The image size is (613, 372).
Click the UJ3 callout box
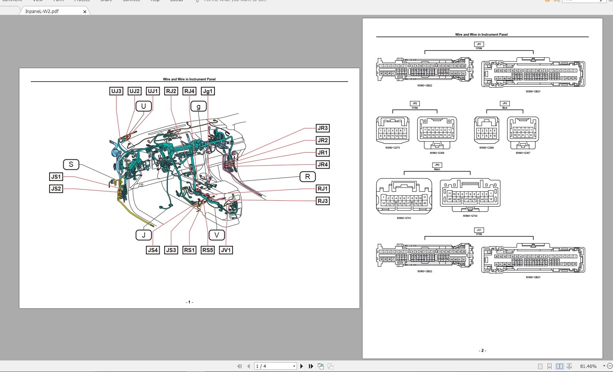pyautogui.click(x=116, y=91)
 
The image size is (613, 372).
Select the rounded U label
pyautogui.click(x=144, y=106)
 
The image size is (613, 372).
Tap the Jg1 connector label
pyautogui.click(x=208, y=91)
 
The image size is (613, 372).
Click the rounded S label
pyautogui.click(x=71, y=164)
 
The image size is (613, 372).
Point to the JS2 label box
pyautogui.click(x=56, y=189)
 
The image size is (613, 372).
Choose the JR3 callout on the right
pyautogui.click(x=322, y=128)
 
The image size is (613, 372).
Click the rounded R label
pyautogui.click(x=307, y=177)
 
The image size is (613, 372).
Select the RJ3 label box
pyautogui.click(x=322, y=201)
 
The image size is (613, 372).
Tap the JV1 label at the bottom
pyautogui.click(x=226, y=250)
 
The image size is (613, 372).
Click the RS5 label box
pyautogui.click(x=207, y=250)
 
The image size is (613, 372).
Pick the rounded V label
pyautogui.click(x=217, y=235)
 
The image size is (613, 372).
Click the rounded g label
pyautogui.click(x=198, y=107)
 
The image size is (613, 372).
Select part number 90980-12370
pyautogui.click(x=392, y=148)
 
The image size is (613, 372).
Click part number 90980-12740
pyautogui.click(x=470, y=216)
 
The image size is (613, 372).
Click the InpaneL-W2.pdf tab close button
pyautogui.click(x=85, y=12)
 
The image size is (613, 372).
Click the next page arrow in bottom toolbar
pyautogui.click(x=301, y=366)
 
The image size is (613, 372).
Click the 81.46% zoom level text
pyautogui.click(x=588, y=366)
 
